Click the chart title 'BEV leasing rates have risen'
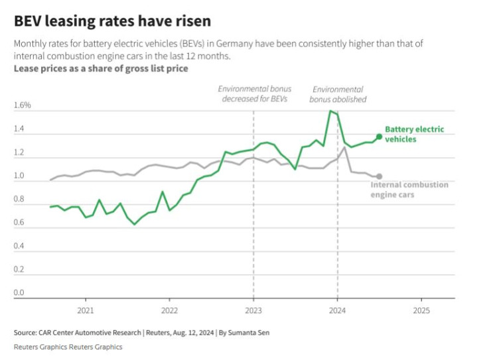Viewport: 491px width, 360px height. tap(112, 21)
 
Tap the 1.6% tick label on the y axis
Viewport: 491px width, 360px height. tap(23, 105)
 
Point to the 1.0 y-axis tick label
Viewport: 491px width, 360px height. tap(19, 176)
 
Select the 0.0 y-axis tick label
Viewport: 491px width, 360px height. tap(19, 293)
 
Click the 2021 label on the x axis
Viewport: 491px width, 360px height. tap(85, 310)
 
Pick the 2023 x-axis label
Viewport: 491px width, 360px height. tap(253, 310)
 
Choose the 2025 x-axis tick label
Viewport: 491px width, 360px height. tap(421, 310)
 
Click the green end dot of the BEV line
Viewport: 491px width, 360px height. tap(379, 137)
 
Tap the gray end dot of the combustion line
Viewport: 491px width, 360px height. tap(379, 176)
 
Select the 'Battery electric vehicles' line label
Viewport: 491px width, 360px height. tap(415, 135)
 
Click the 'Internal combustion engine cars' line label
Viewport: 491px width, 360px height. tap(409, 190)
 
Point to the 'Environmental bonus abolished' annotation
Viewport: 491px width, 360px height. tap(338, 94)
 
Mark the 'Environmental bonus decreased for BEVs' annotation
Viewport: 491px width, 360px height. tap(255, 94)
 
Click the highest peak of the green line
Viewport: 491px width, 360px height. tap(330, 111)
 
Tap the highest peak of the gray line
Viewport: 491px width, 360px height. tap(344, 147)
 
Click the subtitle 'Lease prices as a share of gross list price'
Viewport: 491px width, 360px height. tap(101, 69)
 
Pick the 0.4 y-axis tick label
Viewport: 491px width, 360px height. tap(19, 247)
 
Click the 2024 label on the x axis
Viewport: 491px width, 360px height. tap(338, 310)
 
